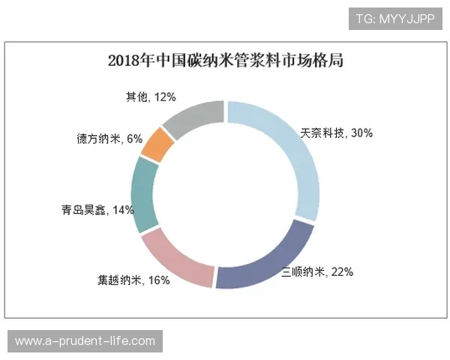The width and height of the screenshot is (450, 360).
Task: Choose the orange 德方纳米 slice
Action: pos(157,145)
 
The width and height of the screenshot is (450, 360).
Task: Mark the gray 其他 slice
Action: pos(196,117)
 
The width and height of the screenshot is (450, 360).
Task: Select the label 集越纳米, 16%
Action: pos(133,280)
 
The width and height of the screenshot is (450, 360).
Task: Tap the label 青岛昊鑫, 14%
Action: pos(98,210)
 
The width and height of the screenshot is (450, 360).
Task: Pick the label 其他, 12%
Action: pos(151,97)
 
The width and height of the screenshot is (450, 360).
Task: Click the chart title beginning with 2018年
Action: pos(225,61)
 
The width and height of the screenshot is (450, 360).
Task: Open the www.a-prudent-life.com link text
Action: pos(85,341)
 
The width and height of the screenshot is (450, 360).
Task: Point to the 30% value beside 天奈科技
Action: pos(361,133)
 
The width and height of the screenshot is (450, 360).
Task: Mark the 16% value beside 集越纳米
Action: pos(158,280)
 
